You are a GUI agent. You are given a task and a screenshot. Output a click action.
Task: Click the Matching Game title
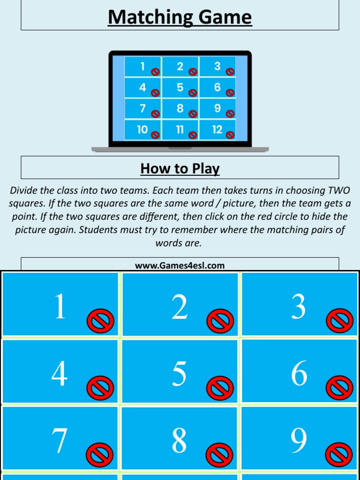pos(180,17)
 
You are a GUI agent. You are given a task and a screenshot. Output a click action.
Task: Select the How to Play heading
pos(180,168)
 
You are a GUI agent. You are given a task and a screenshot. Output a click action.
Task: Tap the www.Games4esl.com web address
pos(180,266)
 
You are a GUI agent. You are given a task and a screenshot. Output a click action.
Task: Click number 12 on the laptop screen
pos(217,130)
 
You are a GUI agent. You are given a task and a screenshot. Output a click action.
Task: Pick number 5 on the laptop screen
pos(180,88)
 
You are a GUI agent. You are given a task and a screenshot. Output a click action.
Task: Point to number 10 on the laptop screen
pos(142,130)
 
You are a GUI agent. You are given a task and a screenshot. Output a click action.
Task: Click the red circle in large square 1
pos(100,321)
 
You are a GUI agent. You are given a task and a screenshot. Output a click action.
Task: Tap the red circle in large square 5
pos(220,388)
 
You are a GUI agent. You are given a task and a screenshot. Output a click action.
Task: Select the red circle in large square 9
pos(339,455)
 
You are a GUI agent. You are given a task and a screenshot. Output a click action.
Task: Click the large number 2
pos(179,308)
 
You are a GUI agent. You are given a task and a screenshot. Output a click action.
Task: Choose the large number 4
pos(60,375)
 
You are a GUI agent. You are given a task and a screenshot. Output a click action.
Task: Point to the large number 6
pos(299,375)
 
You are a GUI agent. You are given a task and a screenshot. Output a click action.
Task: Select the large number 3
pos(299,308)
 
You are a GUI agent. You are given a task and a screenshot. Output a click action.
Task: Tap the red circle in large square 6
pos(339,388)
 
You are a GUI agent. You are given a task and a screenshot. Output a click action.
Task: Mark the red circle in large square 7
pos(100,455)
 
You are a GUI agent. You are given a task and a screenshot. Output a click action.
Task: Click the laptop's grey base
pos(180,150)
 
